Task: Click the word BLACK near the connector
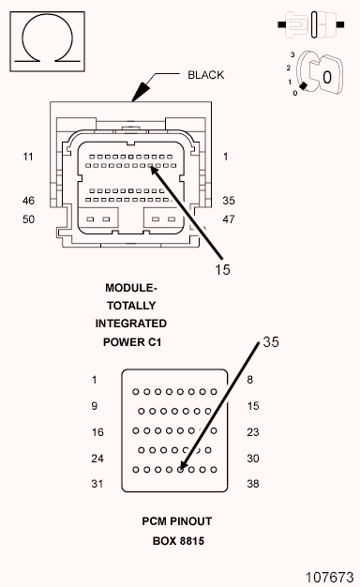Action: (x=206, y=75)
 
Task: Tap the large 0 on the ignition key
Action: (x=327, y=78)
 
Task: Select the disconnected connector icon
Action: (x=311, y=24)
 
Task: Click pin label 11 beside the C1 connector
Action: (x=28, y=157)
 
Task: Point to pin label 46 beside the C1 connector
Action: (x=28, y=201)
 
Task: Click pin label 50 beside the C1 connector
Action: (x=28, y=219)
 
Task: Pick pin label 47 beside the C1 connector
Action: (x=229, y=219)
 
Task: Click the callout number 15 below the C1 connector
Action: (x=222, y=269)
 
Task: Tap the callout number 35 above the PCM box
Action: (x=271, y=342)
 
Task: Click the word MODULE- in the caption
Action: (x=131, y=288)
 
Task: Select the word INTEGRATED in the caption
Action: (x=131, y=324)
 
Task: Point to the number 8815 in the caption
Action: (x=192, y=541)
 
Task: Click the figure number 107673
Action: (x=330, y=578)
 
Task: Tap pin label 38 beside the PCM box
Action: (x=253, y=484)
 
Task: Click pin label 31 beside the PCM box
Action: (x=97, y=484)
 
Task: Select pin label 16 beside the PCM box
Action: (x=97, y=432)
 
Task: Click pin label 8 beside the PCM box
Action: (x=250, y=380)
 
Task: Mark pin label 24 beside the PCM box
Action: (x=97, y=459)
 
